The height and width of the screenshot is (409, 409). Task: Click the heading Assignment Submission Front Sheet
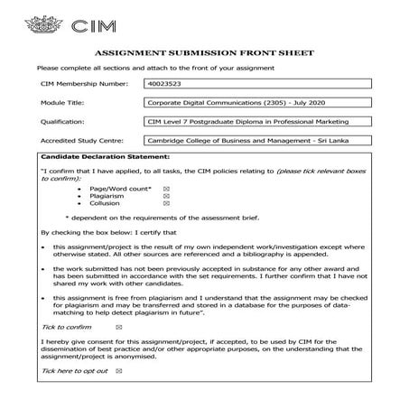[204, 54]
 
